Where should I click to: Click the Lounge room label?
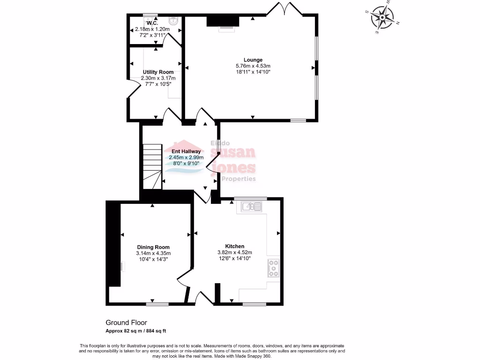253,60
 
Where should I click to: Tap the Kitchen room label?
234,246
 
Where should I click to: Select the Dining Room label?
153,247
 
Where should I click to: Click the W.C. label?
152,23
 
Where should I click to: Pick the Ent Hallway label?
186,151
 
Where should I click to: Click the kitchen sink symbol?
252,206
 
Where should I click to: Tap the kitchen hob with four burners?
273,268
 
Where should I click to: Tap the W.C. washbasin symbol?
173,20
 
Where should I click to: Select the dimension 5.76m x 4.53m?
253,66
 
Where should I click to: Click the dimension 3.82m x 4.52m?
234,252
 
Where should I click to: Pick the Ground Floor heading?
126,322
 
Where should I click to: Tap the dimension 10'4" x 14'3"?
153,259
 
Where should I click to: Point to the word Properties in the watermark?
238,179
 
